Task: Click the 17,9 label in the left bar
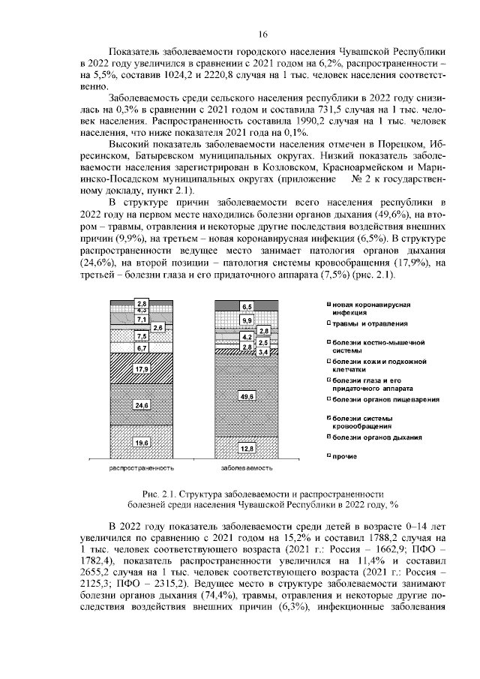click(142, 369)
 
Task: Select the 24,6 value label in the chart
click(142, 405)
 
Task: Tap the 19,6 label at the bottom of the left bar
click(142, 443)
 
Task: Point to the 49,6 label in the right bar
click(246, 395)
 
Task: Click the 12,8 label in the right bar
click(246, 448)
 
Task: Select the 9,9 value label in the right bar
click(246, 321)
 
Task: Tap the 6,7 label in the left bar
click(142, 348)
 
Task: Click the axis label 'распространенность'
click(142, 467)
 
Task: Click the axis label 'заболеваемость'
click(246, 467)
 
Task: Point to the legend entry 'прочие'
click(344, 455)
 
